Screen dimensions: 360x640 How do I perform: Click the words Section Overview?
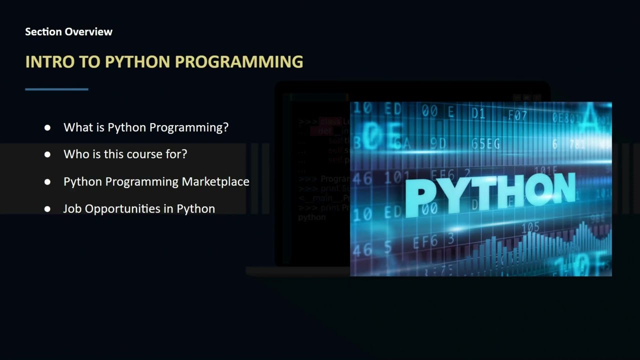[x=68, y=32]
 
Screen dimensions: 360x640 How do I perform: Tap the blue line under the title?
[x=56, y=89]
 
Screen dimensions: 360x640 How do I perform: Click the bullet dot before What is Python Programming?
[x=47, y=127]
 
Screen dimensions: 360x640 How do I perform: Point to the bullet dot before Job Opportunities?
[x=47, y=208]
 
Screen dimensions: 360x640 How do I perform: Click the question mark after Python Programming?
[x=225, y=127]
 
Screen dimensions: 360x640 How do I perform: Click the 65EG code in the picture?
[x=485, y=144]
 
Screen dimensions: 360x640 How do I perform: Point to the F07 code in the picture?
[x=517, y=116]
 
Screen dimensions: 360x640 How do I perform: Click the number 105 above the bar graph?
[x=530, y=228]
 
